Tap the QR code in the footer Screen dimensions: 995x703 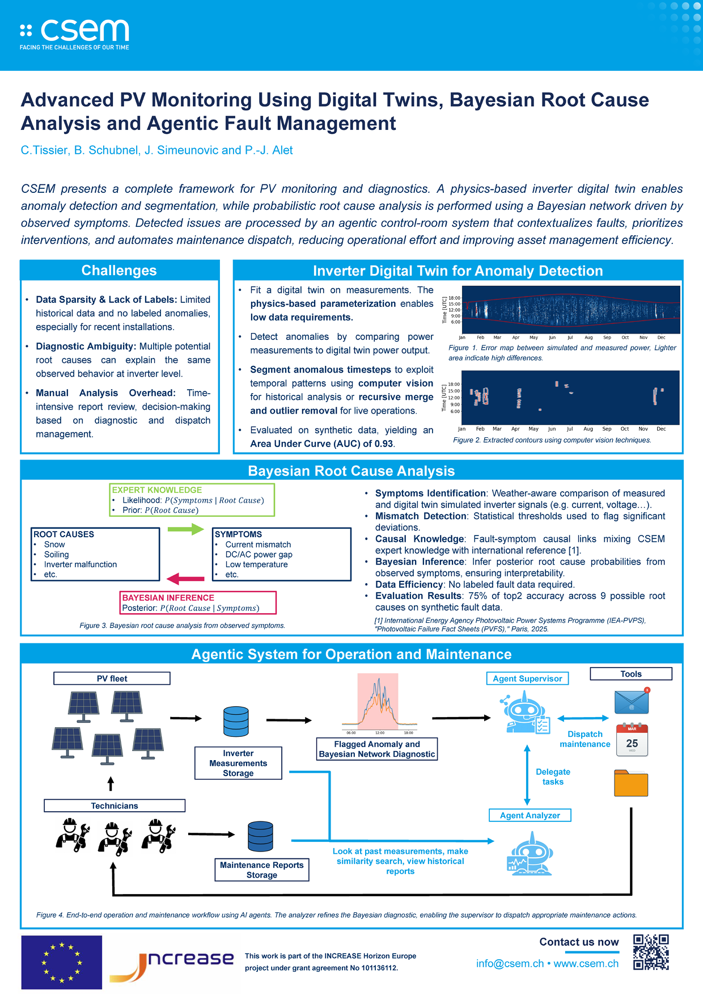[651, 952]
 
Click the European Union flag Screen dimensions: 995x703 [61, 962]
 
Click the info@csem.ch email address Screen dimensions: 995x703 [510, 964]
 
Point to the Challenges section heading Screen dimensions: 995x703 [119, 271]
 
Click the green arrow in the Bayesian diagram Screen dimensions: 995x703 [185, 529]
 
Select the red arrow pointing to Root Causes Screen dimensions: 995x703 [185, 579]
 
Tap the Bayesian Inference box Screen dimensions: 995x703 [198, 602]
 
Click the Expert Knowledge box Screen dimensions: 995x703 [192, 500]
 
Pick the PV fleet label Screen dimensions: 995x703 [112, 678]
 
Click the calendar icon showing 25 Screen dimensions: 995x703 [632, 740]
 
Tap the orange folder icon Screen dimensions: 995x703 [631, 783]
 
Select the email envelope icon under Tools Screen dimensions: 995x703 [632, 701]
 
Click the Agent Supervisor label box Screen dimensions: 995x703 [527, 678]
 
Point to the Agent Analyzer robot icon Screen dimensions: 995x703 [530, 854]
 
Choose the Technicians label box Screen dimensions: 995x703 [115, 806]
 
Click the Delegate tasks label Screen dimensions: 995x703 [553, 777]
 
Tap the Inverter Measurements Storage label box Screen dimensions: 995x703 [238, 763]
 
